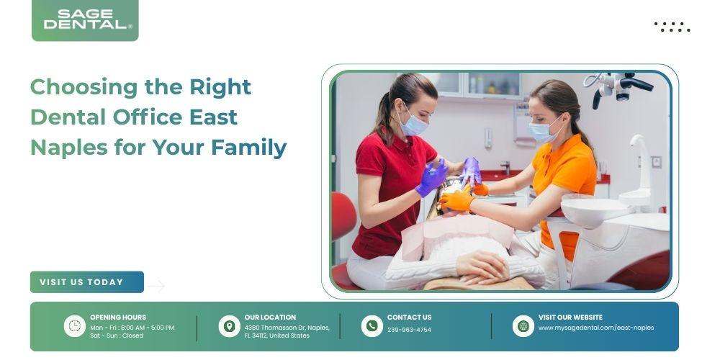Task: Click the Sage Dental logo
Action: [x=85, y=19]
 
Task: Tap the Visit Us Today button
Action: [x=87, y=282]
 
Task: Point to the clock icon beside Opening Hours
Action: [x=74, y=326]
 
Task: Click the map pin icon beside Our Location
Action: [x=229, y=326]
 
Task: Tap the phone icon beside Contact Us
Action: [x=372, y=326]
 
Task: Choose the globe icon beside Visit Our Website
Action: [x=523, y=326]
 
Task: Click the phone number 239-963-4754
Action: [x=409, y=330]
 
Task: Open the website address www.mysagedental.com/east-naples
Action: [x=596, y=328]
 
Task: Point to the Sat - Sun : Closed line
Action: [x=117, y=336]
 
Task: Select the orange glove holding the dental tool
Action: [x=456, y=199]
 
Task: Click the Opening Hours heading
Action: [x=118, y=318]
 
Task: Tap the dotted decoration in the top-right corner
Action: [x=672, y=27]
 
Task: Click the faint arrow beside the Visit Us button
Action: [x=156, y=286]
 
